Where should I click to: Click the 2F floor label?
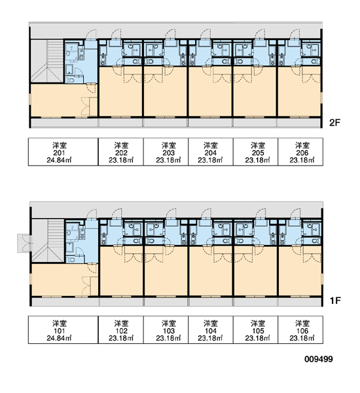(334, 122)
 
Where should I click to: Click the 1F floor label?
(335, 300)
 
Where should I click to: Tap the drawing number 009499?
(319, 359)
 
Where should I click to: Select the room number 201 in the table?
(59, 153)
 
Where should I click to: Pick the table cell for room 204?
(211, 152)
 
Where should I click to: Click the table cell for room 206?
(300, 152)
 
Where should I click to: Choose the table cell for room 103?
(166, 329)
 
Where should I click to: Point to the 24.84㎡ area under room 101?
(59, 338)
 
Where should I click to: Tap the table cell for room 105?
(255, 329)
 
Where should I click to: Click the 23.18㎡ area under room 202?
(121, 160)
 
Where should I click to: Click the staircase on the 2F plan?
(47, 61)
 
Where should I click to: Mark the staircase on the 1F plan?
(48, 240)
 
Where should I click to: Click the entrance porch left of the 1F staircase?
(24, 243)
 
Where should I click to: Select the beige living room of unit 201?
(60, 100)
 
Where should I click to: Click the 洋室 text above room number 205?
(258, 145)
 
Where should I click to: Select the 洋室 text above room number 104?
(211, 324)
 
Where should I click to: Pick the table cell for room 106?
(300, 329)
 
